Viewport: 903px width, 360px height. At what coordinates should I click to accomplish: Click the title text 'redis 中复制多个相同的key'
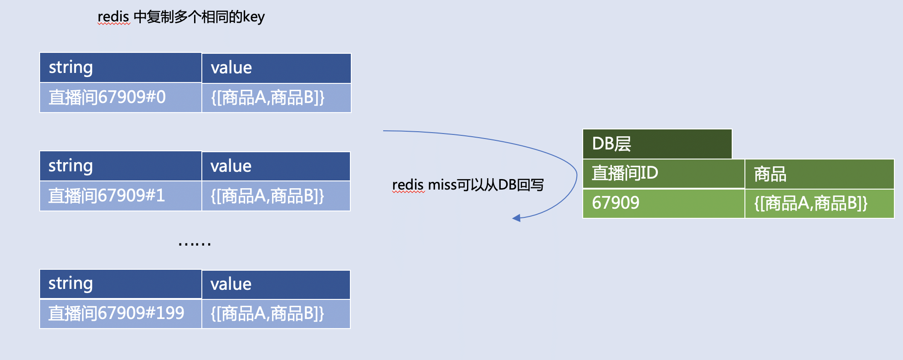[181, 17]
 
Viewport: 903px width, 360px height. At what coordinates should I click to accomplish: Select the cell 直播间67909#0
[120, 98]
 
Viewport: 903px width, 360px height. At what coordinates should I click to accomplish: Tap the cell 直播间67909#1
[120, 196]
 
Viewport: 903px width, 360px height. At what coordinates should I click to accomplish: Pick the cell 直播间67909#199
[120, 314]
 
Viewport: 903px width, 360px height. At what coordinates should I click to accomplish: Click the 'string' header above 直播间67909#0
[120, 67]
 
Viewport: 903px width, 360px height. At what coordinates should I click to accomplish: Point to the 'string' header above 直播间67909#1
[120, 166]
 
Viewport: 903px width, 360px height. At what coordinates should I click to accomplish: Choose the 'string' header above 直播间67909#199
[120, 283]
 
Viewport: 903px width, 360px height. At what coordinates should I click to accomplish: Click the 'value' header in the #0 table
[276, 68]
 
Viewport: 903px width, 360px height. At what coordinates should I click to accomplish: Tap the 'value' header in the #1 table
[276, 166]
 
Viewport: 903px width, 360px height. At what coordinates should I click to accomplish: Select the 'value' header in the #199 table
[276, 284]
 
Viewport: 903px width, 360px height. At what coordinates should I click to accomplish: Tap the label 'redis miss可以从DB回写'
[468, 185]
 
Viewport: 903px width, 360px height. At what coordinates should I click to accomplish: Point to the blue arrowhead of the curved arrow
[517, 218]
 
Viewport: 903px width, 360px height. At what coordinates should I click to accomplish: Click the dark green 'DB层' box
[657, 144]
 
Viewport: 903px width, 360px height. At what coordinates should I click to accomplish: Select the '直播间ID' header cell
[663, 174]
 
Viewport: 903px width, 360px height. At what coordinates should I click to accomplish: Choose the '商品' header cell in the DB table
[819, 174]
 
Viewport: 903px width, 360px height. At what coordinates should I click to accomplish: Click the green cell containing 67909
[663, 203]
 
